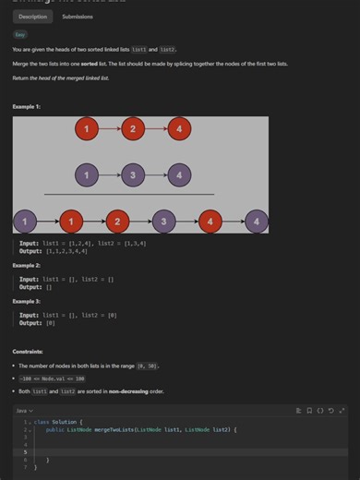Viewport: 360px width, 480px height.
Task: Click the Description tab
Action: (x=33, y=17)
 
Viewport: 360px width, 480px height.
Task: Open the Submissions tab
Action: (x=77, y=17)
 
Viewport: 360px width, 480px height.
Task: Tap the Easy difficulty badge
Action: (x=20, y=34)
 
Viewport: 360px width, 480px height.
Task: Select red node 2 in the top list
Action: (x=133, y=129)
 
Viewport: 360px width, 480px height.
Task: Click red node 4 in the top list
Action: (x=179, y=129)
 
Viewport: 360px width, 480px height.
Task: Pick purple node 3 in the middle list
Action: (x=133, y=174)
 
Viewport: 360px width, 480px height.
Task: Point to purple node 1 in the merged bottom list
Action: (x=26, y=221)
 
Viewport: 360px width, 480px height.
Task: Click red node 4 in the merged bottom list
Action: (x=210, y=221)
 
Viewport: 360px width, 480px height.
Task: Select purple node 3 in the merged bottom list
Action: (x=163, y=221)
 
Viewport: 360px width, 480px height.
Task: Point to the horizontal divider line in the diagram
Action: (x=129, y=195)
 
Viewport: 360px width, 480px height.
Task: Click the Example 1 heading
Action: (x=27, y=107)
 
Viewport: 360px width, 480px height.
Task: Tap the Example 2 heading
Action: (x=27, y=265)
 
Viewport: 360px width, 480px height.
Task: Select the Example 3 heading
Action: (x=27, y=302)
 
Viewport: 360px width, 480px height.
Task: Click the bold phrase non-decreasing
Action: (x=110, y=391)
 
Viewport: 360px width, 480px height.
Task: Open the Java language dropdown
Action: (x=25, y=410)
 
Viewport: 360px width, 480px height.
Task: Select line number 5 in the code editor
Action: (x=25, y=451)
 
